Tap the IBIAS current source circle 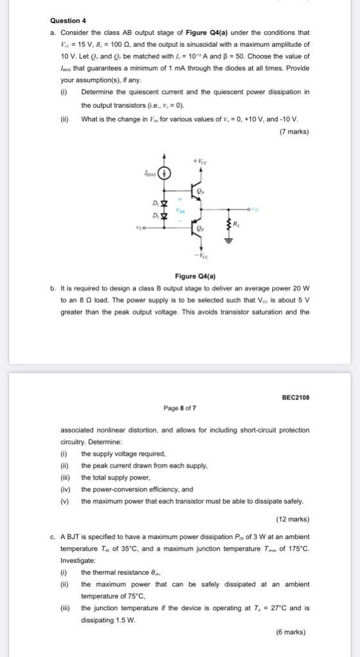coord(166,172)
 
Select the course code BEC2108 coord(295,397)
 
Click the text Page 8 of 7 coord(180,407)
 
